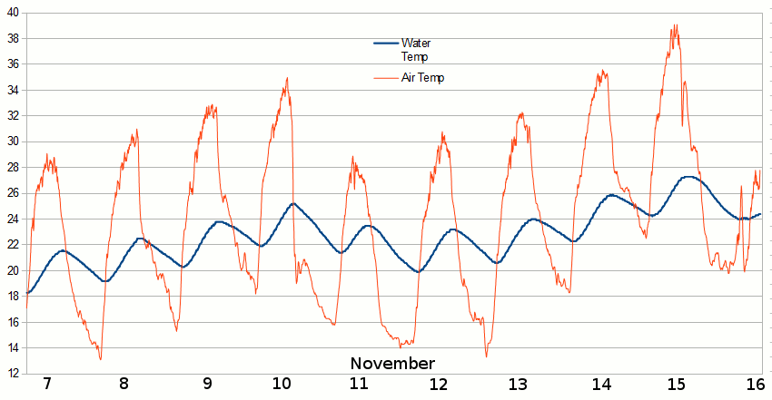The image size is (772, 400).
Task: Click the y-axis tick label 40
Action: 13,13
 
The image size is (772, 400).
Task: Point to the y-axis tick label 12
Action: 13,373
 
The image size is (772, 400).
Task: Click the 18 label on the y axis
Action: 13,296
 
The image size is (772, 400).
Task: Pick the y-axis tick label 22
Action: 13,244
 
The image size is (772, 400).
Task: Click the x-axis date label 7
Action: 47,383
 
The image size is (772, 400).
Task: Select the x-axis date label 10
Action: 282,383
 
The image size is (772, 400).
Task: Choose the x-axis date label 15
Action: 676,383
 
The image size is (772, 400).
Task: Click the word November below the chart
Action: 392,364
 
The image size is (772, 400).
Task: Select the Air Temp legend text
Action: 422,78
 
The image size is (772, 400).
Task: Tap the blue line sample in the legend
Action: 386,44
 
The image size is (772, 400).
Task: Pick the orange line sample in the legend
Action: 386,78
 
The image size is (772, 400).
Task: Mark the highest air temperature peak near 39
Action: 675,25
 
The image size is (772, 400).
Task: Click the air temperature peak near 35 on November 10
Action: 287,78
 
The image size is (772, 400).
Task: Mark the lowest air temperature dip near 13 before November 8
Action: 100,359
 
